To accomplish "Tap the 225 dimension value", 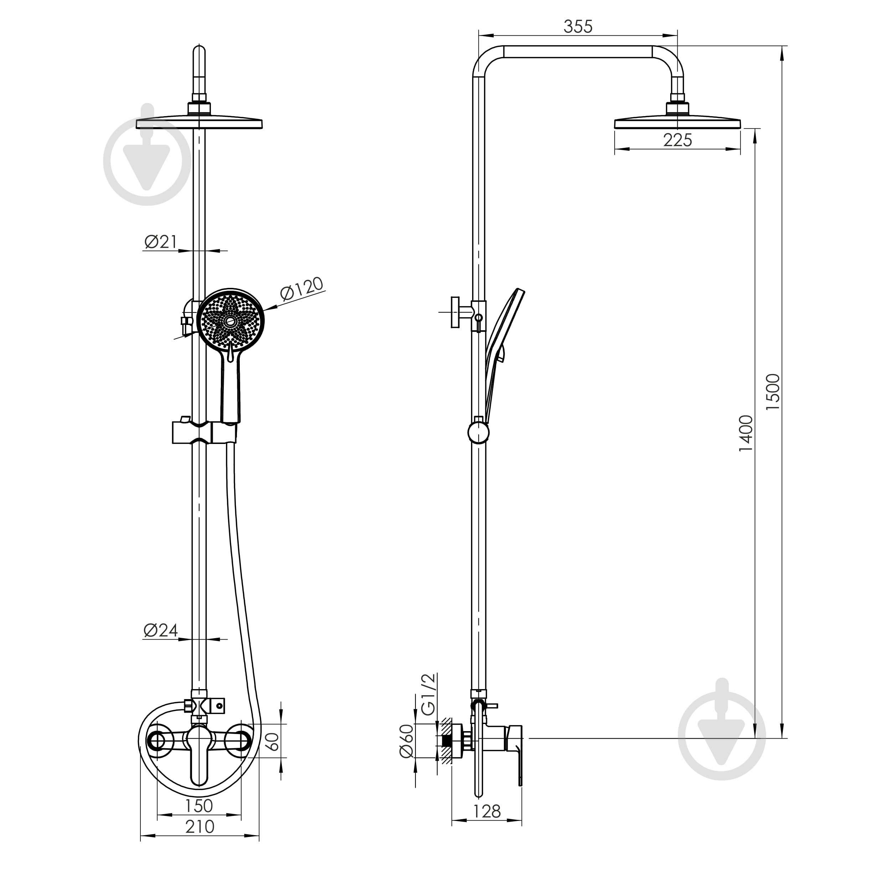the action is [x=678, y=140].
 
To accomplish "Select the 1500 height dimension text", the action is [x=773, y=392].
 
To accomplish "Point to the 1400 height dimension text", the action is [x=745, y=433].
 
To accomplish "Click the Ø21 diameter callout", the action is [x=161, y=242].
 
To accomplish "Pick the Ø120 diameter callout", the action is [x=301, y=289].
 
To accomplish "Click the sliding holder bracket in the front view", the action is [x=205, y=431].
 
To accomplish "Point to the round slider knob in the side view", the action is [x=479, y=432].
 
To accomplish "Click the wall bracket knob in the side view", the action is [x=455, y=312].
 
